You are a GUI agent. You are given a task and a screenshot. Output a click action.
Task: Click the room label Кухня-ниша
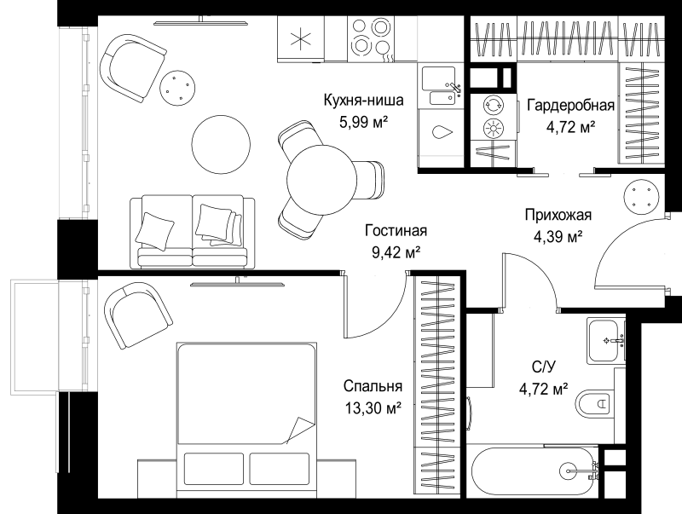pos(364,101)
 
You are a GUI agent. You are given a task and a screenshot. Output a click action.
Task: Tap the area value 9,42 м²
pos(396,252)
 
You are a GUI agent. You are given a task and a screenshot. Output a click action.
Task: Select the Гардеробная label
pos(570,106)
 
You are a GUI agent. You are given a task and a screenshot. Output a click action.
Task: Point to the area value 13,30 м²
pos(373,408)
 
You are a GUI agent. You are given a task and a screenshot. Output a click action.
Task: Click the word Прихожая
pos(558,216)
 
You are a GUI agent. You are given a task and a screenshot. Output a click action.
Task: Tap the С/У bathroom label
pos(544,367)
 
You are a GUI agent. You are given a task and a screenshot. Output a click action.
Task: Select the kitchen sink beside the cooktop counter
pos(439,86)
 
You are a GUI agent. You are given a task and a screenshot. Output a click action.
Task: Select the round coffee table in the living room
pos(221,144)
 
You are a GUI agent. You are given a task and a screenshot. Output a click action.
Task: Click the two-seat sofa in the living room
pos(193,231)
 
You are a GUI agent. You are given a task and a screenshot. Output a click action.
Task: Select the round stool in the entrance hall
pos(641,198)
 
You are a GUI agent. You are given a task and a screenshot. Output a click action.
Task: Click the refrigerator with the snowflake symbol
pos(301,38)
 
